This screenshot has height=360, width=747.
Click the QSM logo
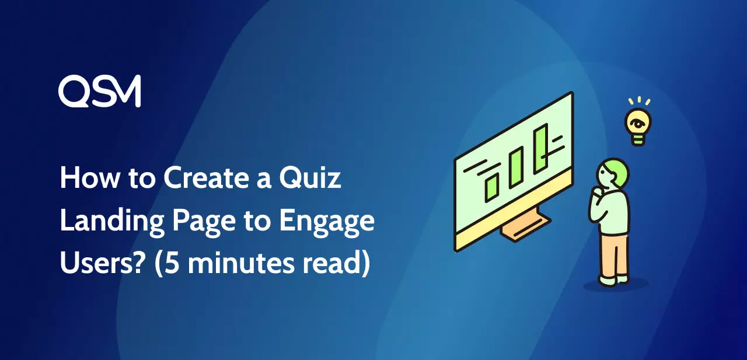(99, 91)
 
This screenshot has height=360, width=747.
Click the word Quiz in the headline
(310, 178)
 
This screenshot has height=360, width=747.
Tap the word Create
(207, 178)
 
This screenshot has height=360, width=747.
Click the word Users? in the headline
(103, 263)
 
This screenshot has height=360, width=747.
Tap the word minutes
(241, 263)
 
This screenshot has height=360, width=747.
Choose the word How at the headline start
(89, 178)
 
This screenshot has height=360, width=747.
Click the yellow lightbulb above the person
(638, 126)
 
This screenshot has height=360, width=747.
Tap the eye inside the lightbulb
(637, 124)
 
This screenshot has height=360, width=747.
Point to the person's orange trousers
(615, 256)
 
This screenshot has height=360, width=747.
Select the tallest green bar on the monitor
(541, 148)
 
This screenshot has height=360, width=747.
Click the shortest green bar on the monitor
(492, 188)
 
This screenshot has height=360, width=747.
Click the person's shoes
(613, 281)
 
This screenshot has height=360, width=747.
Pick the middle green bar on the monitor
(516, 167)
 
